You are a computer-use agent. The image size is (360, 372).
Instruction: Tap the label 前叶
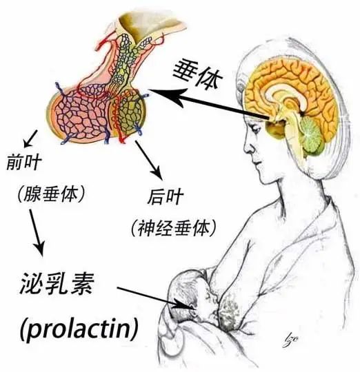point(23,161)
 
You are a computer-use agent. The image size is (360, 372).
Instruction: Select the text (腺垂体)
point(51,194)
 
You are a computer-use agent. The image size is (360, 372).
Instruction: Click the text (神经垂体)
point(174,228)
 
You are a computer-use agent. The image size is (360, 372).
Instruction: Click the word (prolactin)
point(79,327)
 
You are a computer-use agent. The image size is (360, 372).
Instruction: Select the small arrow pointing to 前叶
point(30,138)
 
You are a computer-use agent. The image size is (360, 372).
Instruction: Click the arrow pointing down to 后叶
point(149,160)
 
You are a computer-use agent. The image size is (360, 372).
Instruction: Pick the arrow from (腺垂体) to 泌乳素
point(37,233)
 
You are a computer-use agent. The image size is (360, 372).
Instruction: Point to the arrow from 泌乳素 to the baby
point(157,298)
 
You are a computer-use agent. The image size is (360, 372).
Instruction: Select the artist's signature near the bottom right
point(290,340)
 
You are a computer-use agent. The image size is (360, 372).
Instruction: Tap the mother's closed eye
point(256,130)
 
